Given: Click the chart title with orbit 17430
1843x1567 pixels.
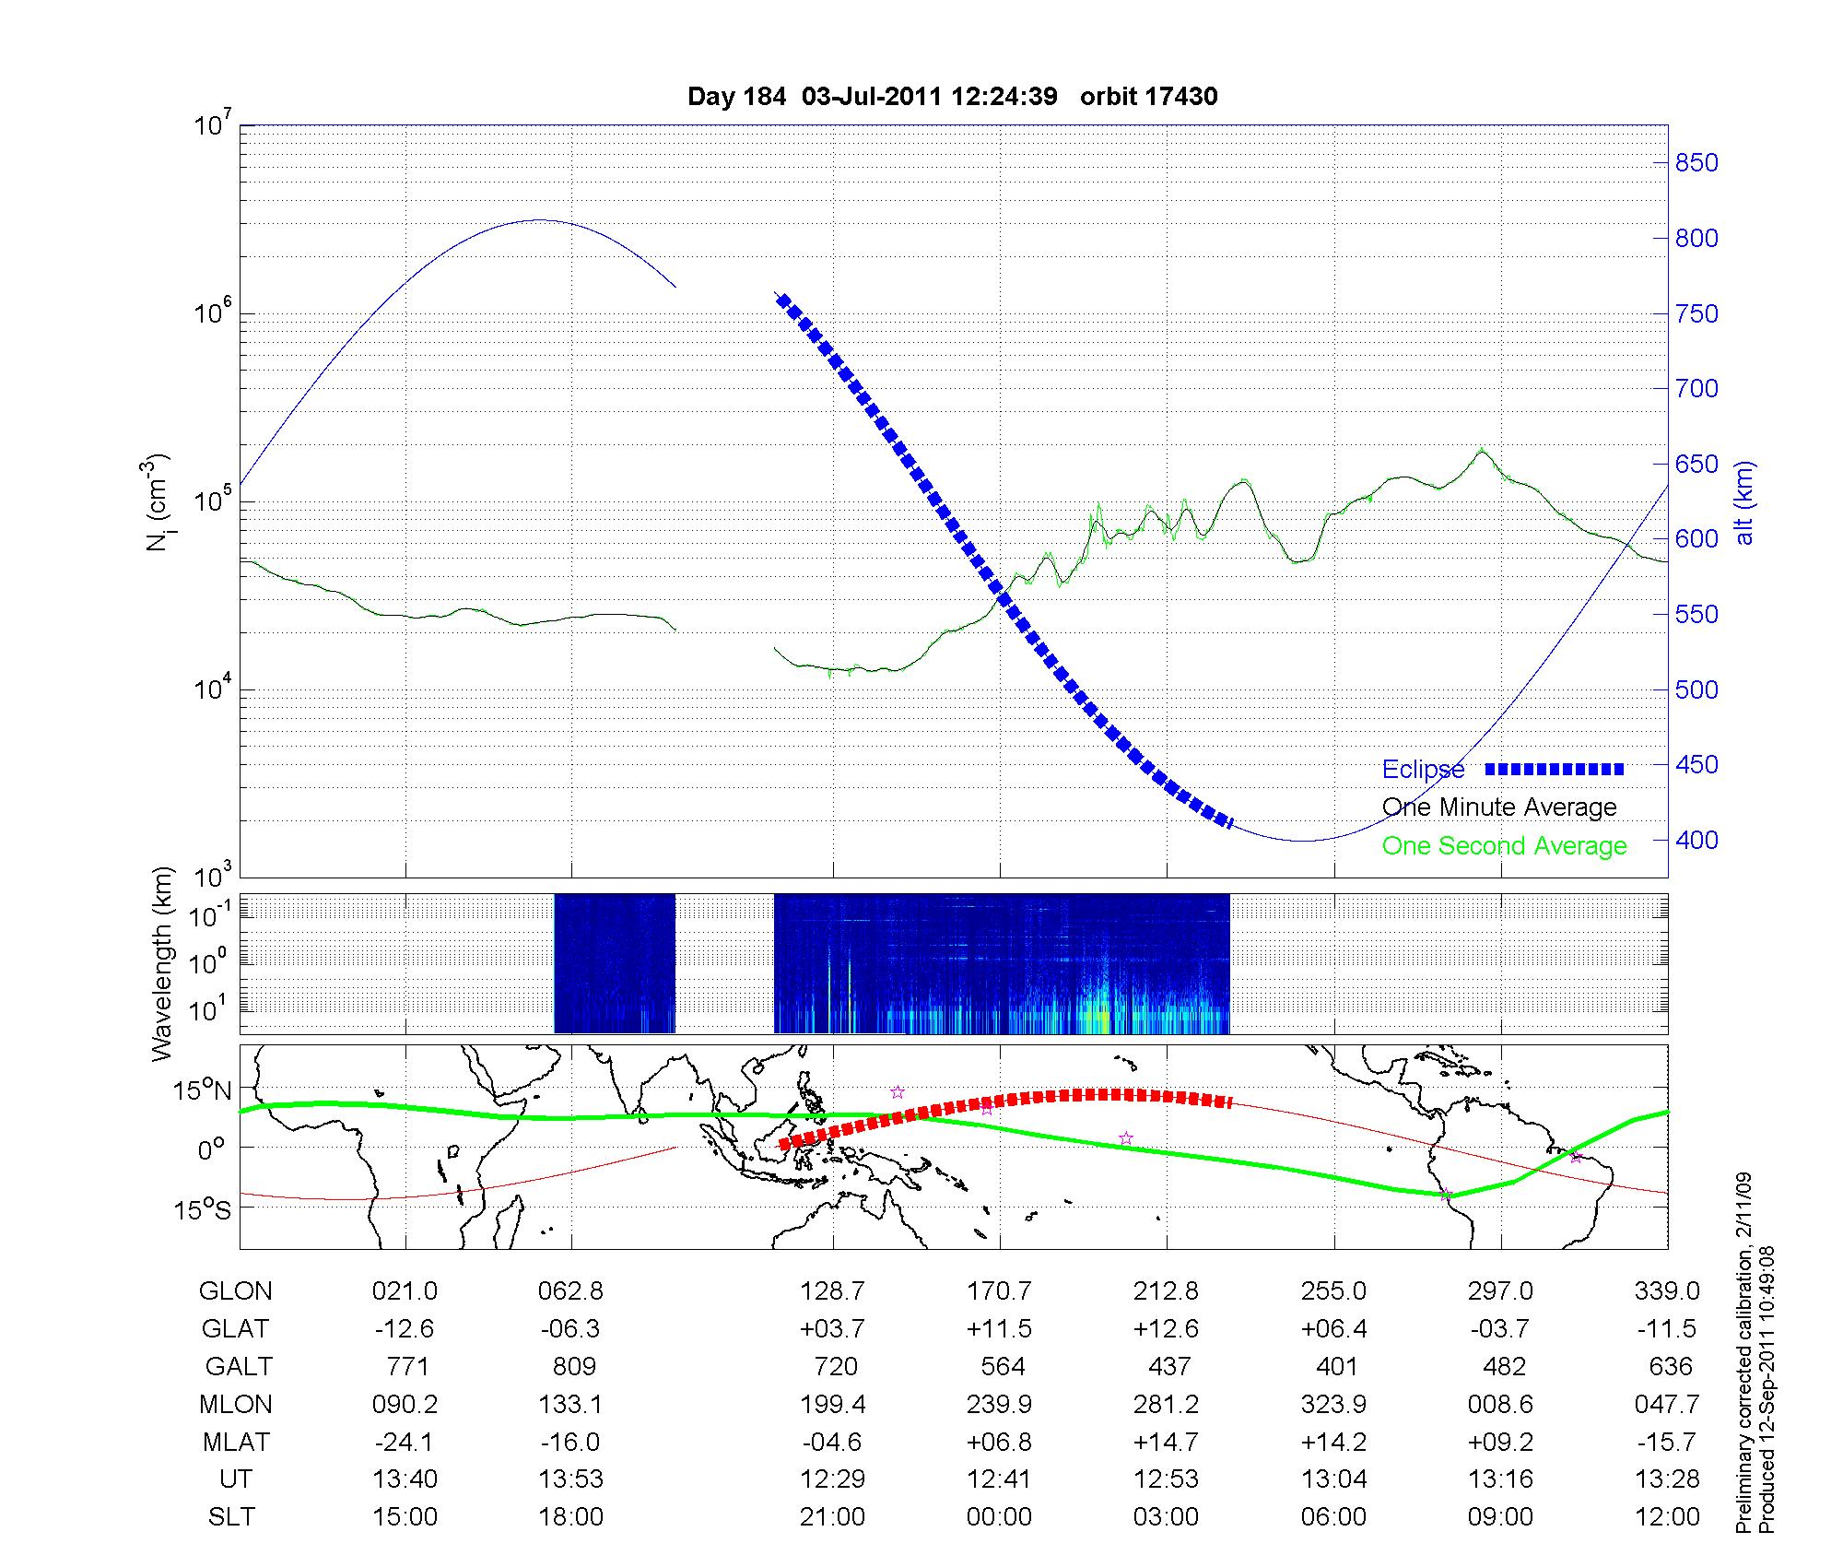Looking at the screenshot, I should pos(953,96).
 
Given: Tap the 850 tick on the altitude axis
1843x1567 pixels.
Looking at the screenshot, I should pos(1696,163).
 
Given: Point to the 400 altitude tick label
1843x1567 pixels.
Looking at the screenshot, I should pos(1696,840).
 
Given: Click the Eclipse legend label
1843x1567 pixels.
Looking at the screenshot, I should pos(1423,769).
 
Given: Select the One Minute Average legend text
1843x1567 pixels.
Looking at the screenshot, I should pos(1499,807).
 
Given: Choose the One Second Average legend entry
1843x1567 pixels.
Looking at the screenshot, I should pos(1504,846).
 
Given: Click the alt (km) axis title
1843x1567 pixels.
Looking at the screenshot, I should pos(1743,502).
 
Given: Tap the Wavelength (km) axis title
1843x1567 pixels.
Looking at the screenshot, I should pos(162,963).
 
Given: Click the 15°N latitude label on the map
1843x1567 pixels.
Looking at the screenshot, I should pos(202,1090).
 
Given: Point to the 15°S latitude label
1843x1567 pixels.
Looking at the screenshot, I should pos(202,1208).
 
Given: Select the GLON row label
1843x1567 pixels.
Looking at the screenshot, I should pos(235,1291).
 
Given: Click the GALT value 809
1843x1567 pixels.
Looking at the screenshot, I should pos(574,1366).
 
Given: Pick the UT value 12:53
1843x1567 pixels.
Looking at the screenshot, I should pos(1166,1479).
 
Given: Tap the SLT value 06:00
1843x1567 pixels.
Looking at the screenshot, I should pos(1333,1517).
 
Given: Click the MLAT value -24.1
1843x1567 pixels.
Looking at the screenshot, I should pos(405,1442).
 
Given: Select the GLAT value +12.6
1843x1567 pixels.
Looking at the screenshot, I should pos(1166,1329).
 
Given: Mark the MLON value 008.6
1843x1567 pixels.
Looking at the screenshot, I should pos(1500,1404).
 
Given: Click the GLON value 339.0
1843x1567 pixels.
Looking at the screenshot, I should pos(1667,1291).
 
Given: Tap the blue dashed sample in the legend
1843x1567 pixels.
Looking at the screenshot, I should pos(1555,769).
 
